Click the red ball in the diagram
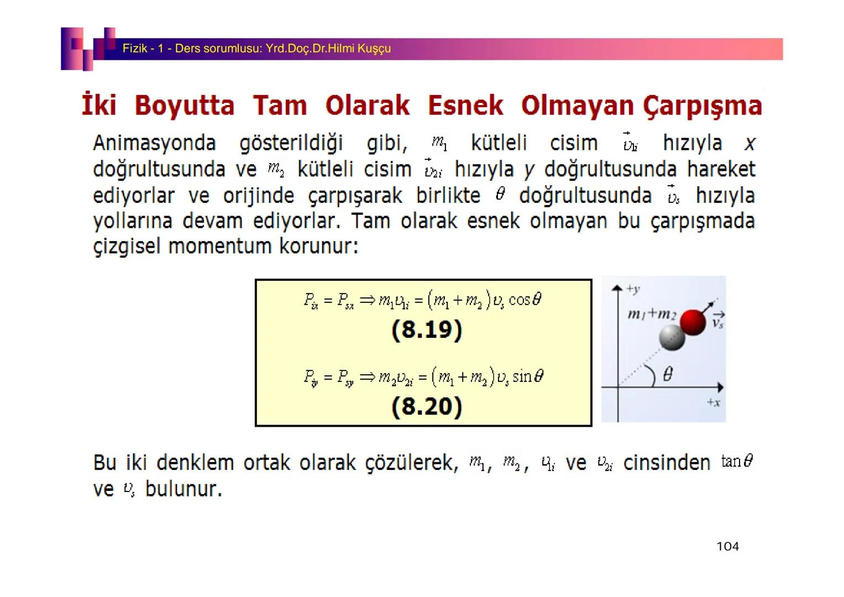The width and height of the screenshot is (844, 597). [693, 322]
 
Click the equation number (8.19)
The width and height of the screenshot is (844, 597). [426, 330]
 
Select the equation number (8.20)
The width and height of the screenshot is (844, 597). [426, 407]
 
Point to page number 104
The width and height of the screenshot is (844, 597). [727, 547]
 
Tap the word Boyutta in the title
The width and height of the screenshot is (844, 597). [185, 106]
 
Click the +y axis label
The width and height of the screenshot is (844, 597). [633, 289]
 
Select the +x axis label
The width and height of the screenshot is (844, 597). [713, 402]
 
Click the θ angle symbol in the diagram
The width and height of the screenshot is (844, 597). [667, 375]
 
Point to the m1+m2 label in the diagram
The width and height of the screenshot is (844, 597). [652, 314]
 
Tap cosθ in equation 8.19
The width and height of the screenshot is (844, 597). [525, 300]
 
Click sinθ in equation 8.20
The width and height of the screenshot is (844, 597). [528, 376]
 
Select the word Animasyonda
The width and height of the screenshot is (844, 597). [154, 143]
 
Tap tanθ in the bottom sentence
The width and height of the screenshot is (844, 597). [737, 461]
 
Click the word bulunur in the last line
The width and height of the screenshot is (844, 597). [183, 489]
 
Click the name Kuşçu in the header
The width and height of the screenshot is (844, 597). [374, 49]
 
